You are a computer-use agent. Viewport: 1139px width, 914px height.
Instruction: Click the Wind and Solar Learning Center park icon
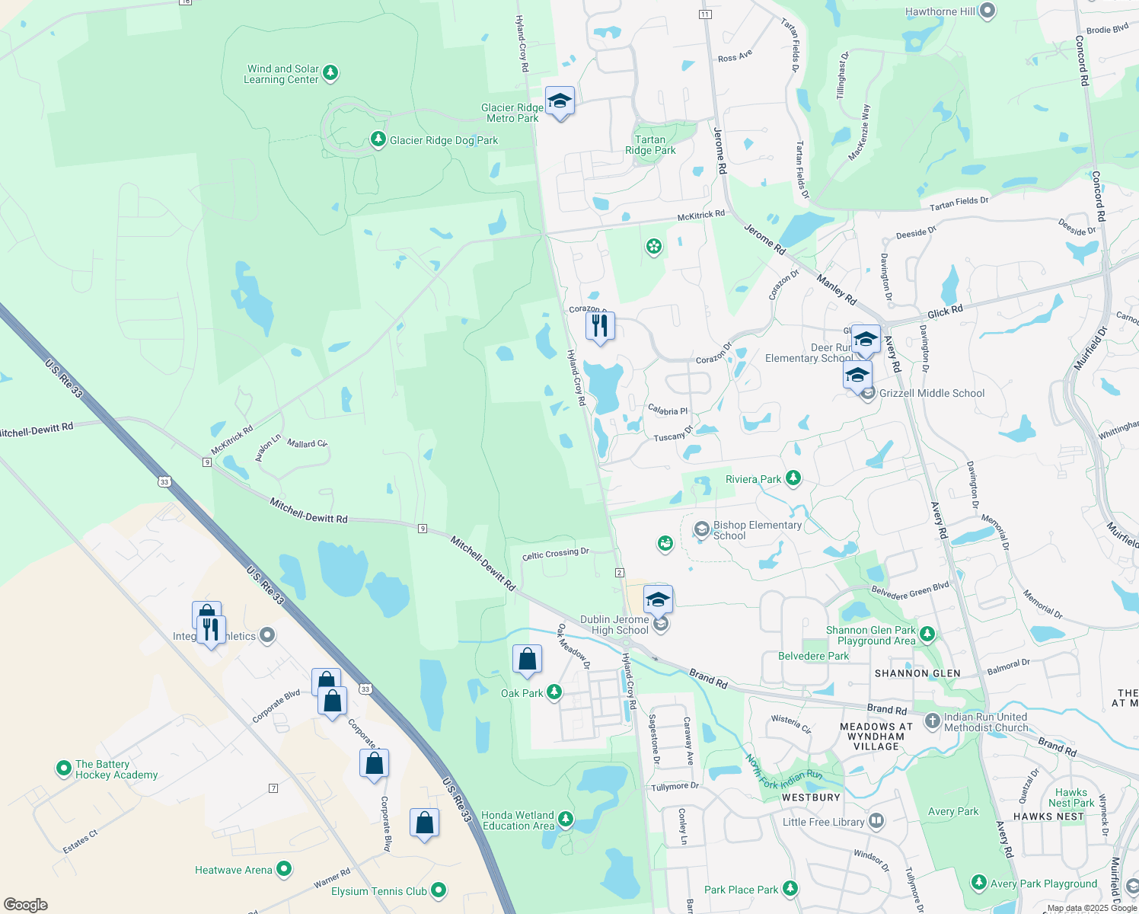pos(330,73)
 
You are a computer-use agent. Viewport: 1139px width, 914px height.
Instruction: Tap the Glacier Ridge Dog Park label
pos(443,140)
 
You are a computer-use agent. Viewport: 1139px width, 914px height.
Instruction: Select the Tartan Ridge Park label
pos(650,145)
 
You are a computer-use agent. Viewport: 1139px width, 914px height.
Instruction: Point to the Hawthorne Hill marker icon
pos(987,11)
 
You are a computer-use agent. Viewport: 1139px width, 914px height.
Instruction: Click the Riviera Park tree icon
pos(793,478)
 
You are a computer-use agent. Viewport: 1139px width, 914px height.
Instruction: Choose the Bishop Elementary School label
pos(757,530)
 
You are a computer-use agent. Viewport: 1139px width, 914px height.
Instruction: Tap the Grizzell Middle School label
pos(932,393)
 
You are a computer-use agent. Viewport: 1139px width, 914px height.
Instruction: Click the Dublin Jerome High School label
pos(614,625)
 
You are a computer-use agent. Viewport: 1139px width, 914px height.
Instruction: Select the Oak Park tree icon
pos(554,692)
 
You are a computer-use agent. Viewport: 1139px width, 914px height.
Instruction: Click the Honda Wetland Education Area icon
pos(566,820)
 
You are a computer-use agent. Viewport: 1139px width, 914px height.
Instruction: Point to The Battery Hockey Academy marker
pos(64,769)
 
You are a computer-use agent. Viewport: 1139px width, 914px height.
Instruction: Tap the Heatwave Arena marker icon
pos(284,868)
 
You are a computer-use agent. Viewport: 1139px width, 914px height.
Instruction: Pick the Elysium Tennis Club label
pos(378,891)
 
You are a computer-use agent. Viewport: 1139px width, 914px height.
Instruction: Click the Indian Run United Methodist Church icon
pos(933,721)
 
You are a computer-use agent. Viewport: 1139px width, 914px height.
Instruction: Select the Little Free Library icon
pos(876,821)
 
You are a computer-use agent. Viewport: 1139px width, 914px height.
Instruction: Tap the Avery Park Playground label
pos(1043,884)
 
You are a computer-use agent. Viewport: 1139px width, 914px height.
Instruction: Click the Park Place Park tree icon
pos(790,888)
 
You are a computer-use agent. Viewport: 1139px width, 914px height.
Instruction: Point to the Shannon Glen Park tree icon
pos(927,634)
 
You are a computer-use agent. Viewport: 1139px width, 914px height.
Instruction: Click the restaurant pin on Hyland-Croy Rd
pos(600,326)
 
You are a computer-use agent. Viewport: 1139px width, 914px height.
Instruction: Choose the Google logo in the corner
pos(26,904)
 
